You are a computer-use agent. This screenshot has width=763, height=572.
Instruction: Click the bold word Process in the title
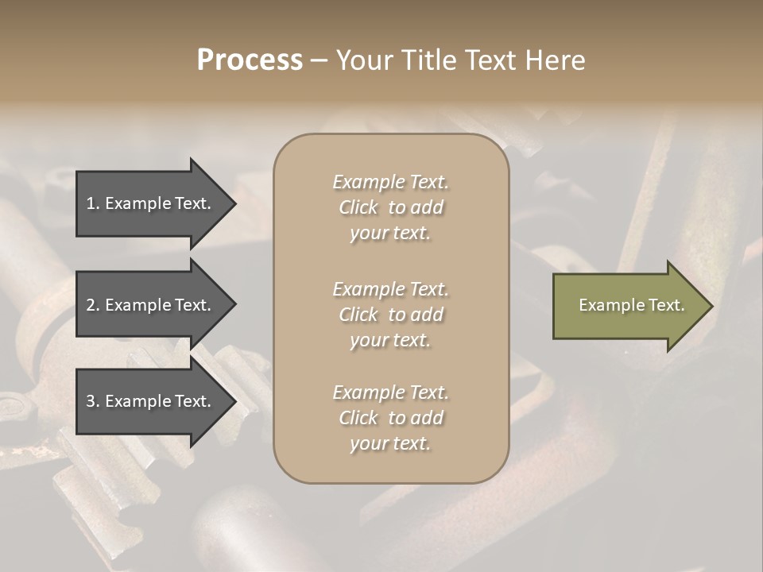(250, 60)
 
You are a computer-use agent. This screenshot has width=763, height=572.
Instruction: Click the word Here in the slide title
(555, 60)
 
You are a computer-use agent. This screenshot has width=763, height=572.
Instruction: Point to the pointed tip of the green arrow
(709, 306)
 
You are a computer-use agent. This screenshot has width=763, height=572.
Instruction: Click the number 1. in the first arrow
(93, 203)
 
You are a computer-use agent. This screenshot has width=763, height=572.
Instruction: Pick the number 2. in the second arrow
(93, 305)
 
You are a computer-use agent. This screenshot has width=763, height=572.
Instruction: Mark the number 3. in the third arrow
(93, 401)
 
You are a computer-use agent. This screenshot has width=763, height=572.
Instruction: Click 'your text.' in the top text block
(390, 234)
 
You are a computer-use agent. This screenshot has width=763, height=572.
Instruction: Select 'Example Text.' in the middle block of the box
(390, 289)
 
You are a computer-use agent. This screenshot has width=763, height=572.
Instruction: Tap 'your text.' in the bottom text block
(390, 444)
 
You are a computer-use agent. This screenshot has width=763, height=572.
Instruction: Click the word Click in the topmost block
(358, 208)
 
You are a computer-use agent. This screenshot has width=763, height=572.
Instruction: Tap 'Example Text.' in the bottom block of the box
(390, 392)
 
